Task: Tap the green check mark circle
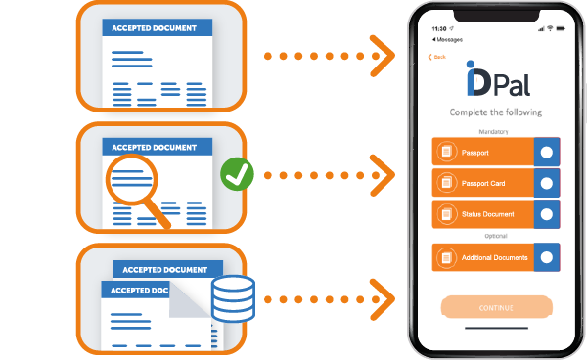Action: [237, 175]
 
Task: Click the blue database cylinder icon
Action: [233, 297]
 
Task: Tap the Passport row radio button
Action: [546, 152]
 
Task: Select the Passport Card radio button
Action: [546, 182]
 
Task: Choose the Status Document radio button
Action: [546, 213]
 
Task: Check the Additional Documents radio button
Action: [546, 257]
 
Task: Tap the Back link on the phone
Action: [437, 56]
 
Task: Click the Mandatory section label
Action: [494, 130]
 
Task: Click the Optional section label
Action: [494, 236]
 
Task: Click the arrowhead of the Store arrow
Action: [383, 292]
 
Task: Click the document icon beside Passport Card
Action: [447, 182]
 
